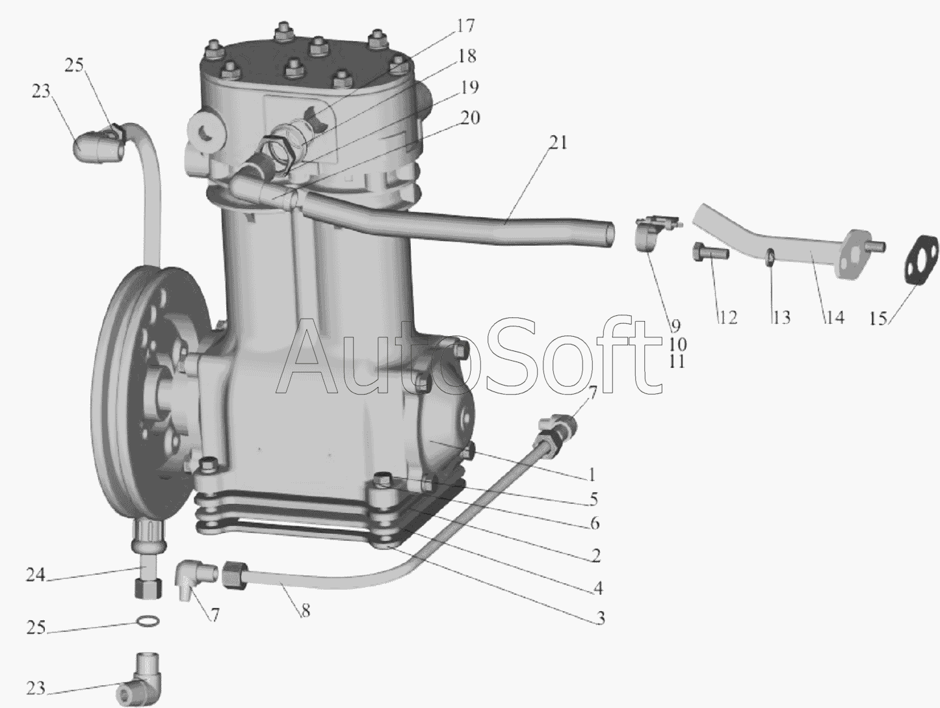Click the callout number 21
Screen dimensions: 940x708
[558, 142]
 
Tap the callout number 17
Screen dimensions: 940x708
[465, 26]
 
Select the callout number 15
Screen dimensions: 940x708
[878, 319]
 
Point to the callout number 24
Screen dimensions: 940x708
[36, 575]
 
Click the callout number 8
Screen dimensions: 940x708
[306, 610]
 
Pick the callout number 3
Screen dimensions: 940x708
[601, 618]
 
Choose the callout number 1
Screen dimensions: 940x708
[592, 475]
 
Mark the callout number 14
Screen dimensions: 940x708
[834, 317]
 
